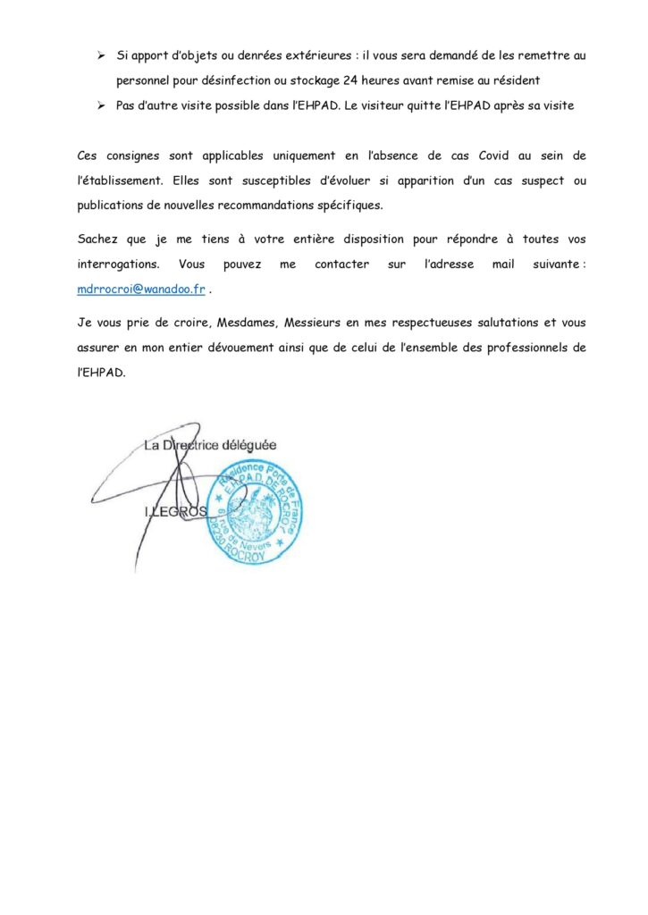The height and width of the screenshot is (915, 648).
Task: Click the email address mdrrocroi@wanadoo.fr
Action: [141, 290]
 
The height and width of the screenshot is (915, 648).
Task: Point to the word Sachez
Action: [99, 239]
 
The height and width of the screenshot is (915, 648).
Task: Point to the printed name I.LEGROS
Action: [175, 511]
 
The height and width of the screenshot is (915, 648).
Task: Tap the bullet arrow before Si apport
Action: [102, 55]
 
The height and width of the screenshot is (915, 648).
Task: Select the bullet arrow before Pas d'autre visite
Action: [102, 105]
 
